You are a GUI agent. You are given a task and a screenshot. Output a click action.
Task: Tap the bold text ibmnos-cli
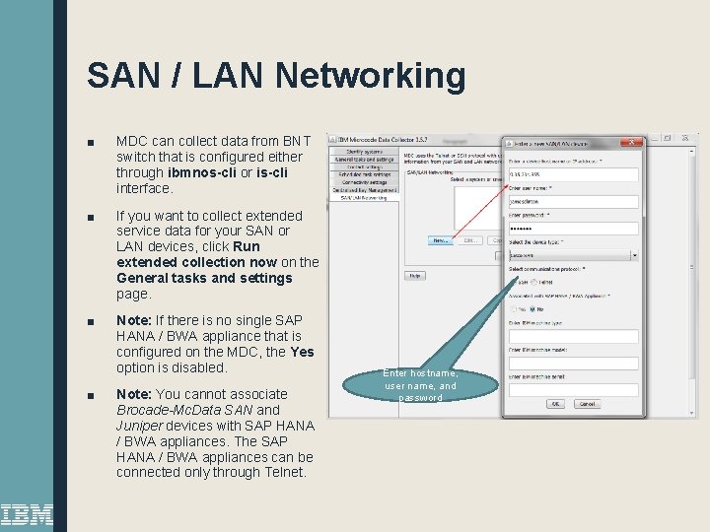coord(208,172)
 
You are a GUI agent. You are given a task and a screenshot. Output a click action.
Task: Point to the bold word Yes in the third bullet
coord(302,352)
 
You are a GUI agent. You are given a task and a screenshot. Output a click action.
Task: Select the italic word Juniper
coord(146,426)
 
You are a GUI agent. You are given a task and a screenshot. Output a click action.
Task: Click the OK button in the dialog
coord(555,404)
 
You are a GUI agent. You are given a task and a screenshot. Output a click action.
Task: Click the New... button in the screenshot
coord(441,239)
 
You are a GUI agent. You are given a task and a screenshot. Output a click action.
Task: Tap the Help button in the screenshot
coord(415,276)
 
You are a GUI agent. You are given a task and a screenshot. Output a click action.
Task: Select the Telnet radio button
coord(533,282)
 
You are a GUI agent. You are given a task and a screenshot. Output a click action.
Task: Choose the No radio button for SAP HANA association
coord(533,308)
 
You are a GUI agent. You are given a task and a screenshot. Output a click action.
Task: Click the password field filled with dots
coord(573,229)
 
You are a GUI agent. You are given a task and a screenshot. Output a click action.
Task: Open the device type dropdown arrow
coord(634,255)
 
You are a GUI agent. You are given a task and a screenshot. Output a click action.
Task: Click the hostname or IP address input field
coord(573,175)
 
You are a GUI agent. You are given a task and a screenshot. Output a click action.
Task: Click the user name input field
coord(573,202)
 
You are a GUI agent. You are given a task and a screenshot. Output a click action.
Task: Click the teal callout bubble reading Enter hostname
coord(420,385)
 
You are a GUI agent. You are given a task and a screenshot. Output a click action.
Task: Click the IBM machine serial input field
coord(573,389)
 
